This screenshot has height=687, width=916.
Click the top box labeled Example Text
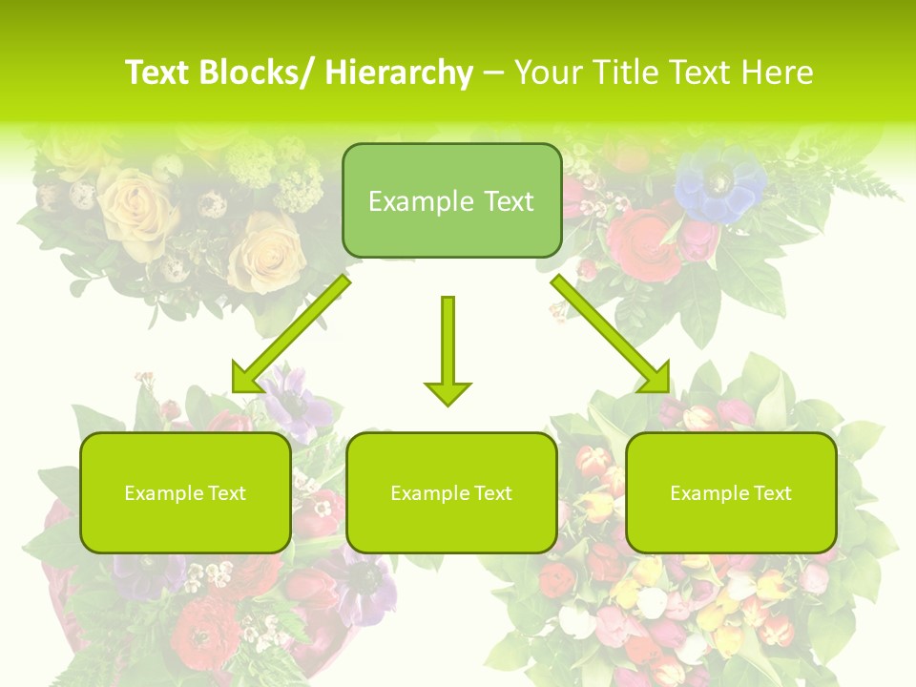tap(451, 200)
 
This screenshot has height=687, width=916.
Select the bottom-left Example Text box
tap(185, 492)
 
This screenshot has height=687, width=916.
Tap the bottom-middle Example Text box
tap(451, 492)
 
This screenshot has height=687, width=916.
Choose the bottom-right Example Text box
tap(731, 492)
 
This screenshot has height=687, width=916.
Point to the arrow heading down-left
tap(291, 334)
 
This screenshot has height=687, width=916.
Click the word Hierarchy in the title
tap(398, 73)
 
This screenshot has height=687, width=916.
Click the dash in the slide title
tap(493, 73)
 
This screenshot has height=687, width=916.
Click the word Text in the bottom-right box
tap(771, 492)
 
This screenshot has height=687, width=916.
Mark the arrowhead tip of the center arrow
tap(448, 405)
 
